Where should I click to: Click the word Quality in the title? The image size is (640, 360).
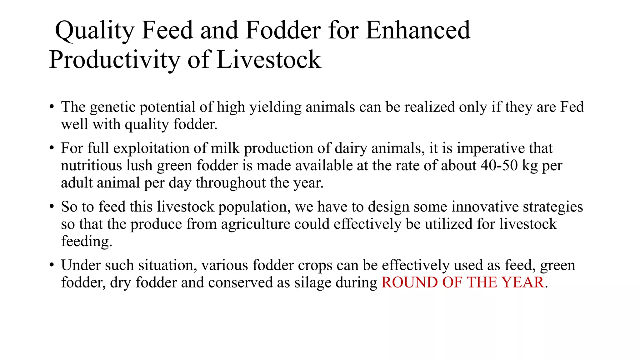tap(94, 31)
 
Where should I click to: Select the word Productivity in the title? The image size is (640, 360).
tap(114, 60)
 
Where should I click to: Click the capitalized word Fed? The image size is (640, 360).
tap(572, 107)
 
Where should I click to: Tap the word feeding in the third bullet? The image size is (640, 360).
tap(87, 242)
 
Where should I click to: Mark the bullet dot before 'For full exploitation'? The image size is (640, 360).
tap(52, 148)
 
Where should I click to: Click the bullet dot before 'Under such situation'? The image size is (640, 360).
tap(52, 265)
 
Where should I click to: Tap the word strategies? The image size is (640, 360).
tap(553, 207)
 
